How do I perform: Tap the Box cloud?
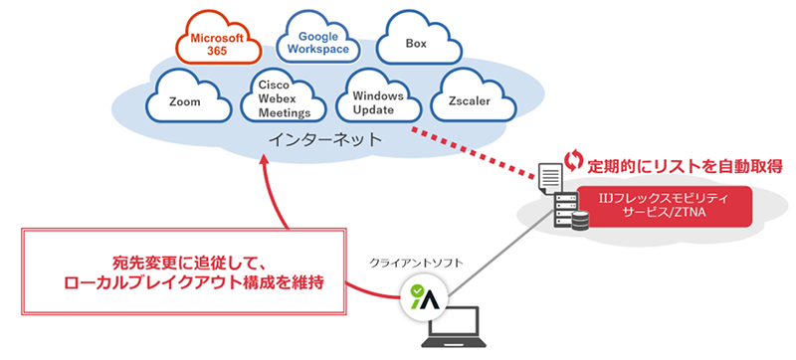(416, 44)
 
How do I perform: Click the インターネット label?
(325, 141)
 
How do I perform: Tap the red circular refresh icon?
(573, 159)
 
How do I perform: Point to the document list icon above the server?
(549, 180)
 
